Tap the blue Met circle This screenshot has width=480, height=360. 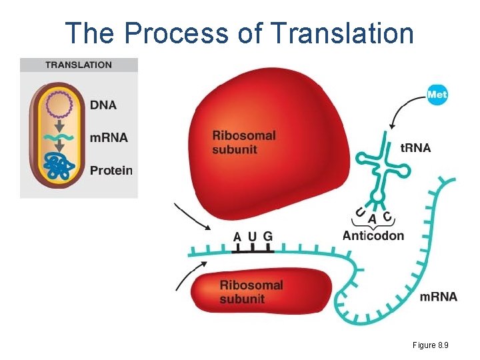437,95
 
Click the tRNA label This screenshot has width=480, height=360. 415,147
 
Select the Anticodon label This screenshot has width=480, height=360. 373,235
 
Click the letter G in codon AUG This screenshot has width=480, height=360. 267,236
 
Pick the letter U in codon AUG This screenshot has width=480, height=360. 252,236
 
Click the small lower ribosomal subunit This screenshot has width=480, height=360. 260,292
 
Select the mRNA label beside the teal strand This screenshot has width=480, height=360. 438,296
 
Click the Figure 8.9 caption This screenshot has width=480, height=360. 429,345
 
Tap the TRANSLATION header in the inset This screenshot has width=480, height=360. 79,65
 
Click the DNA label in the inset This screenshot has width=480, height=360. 103,105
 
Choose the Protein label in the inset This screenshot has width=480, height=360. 111,170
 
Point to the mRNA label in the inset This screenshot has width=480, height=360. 108,138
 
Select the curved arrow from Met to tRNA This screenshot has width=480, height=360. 403,110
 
